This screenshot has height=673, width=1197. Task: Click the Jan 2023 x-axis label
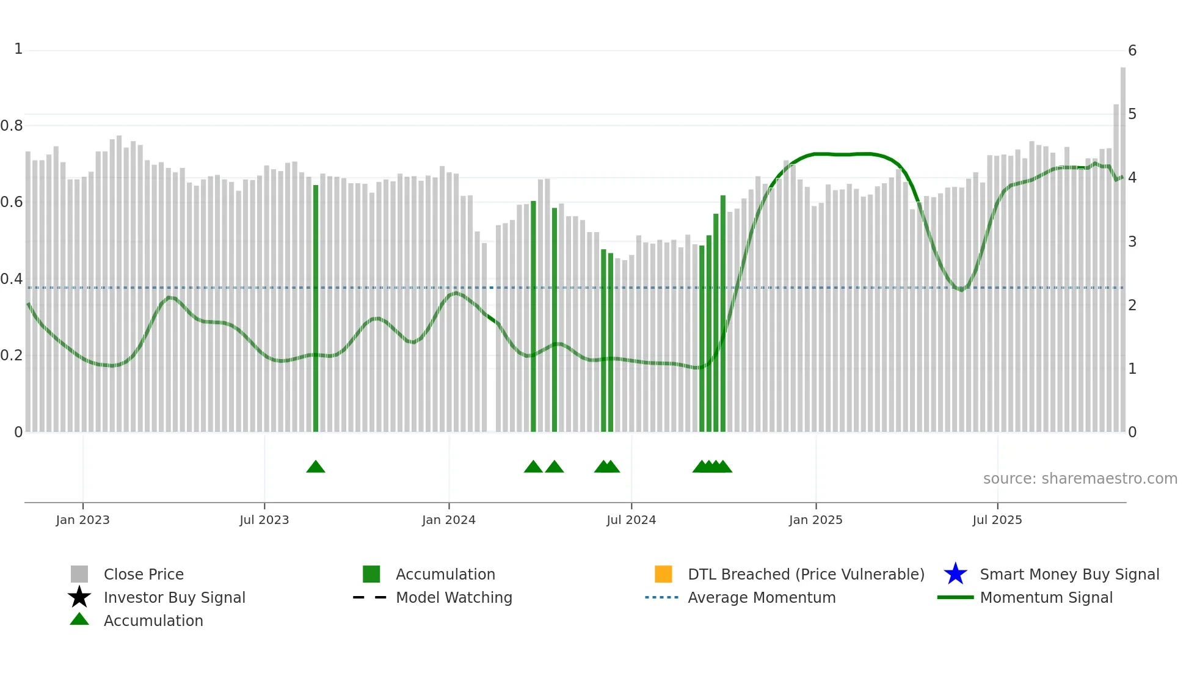click(82, 520)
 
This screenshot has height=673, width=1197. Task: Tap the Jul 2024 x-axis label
click(631, 520)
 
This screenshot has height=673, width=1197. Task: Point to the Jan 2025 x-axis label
click(815, 520)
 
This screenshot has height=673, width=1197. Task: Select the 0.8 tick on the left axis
click(12, 126)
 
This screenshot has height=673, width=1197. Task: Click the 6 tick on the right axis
click(1132, 51)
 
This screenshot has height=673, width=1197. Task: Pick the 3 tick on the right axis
click(1132, 242)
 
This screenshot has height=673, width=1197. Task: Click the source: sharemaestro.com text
click(1080, 479)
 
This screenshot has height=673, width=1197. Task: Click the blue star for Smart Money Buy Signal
click(955, 574)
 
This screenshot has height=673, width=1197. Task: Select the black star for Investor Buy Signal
click(79, 597)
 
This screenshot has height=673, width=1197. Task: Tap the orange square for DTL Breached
click(663, 574)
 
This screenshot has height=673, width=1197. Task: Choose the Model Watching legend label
click(454, 597)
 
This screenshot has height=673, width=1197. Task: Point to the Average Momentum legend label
click(762, 597)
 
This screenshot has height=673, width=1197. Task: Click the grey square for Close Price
click(79, 574)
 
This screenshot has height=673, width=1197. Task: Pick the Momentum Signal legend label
click(1046, 597)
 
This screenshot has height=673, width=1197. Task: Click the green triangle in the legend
click(79, 619)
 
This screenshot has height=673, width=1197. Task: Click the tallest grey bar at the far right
click(1122, 244)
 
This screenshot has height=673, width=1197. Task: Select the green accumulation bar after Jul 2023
click(316, 305)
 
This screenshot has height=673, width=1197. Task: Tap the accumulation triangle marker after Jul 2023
click(316, 467)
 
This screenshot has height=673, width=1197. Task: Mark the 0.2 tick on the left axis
click(12, 355)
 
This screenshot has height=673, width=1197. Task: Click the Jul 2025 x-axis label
click(997, 520)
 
